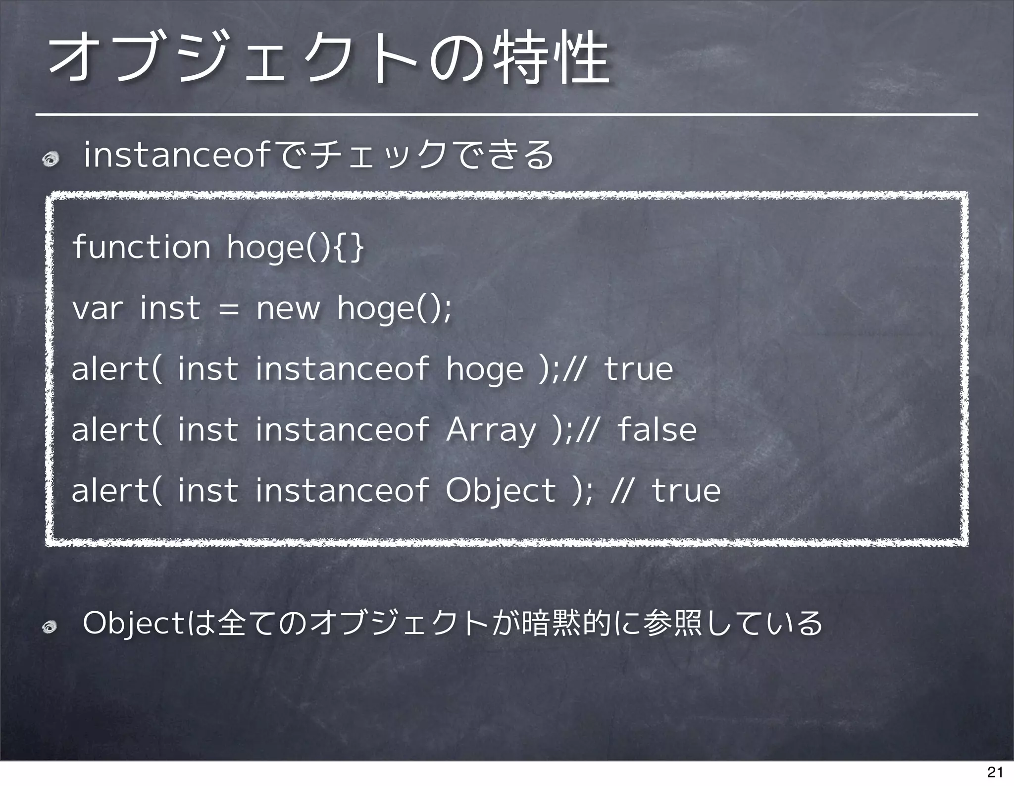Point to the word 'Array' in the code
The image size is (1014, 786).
point(491,430)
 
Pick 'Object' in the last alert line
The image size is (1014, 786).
point(501,490)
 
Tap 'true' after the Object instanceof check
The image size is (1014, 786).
point(686,490)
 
